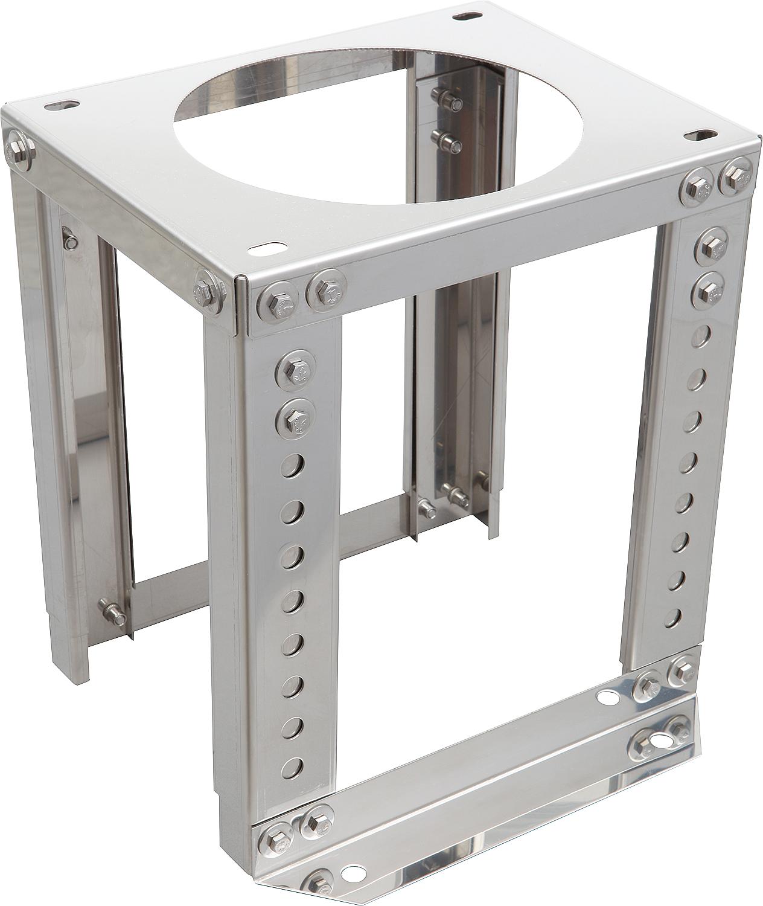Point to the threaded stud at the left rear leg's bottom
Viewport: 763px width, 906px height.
pos(111,608)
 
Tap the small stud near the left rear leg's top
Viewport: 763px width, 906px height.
pos(71,240)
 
